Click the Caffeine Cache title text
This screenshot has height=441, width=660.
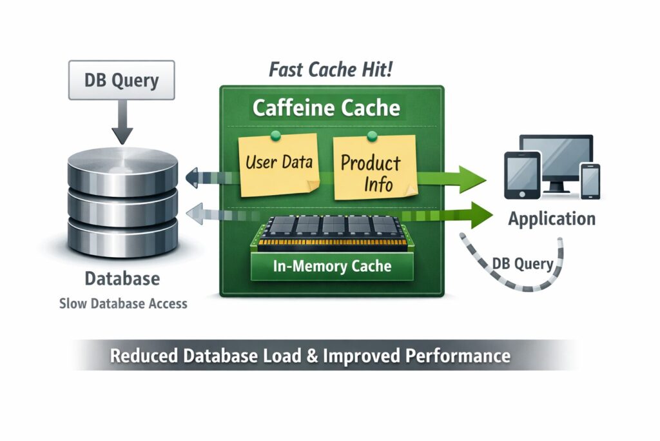(325, 107)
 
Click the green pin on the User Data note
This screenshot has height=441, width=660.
(276, 135)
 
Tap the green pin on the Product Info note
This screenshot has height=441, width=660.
(371, 136)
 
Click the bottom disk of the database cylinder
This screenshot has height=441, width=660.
(122, 236)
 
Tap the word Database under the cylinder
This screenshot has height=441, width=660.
(122, 280)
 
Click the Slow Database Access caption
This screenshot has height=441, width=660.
(123, 303)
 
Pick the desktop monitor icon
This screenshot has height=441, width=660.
(557, 159)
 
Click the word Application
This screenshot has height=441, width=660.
(552, 218)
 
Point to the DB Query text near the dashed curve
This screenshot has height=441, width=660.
(522, 263)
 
